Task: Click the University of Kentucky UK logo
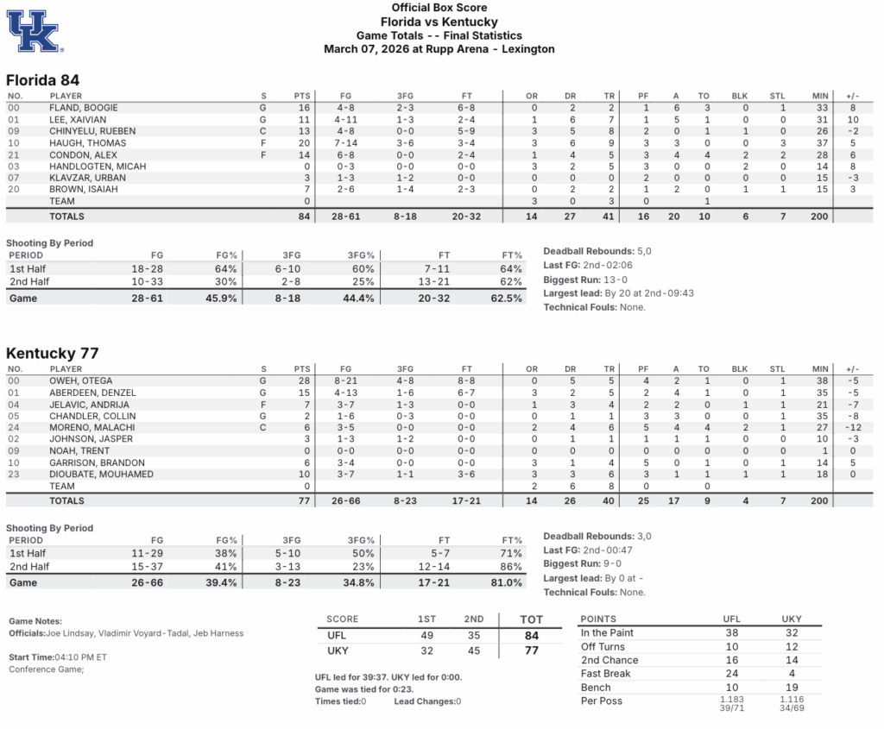coord(34,31)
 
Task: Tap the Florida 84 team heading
coord(43,79)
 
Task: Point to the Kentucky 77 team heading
coord(52,353)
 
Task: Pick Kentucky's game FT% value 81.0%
coord(506,583)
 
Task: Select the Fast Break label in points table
coord(605,674)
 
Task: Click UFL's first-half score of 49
coord(426,636)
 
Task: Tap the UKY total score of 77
coord(532,650)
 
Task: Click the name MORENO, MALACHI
coord(92,428)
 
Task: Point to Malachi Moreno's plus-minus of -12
coord(854,428)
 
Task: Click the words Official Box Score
coord(439,8)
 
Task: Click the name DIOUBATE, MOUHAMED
coord(102,474)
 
